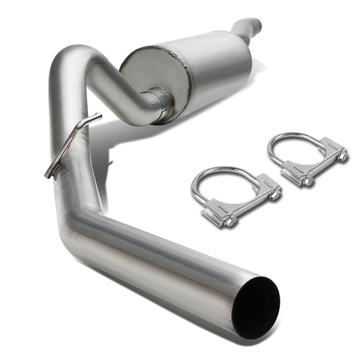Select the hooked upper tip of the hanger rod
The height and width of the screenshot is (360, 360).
coord(95,118)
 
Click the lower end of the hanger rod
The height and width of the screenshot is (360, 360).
coord(49,174)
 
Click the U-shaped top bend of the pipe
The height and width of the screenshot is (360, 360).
coord(76,56)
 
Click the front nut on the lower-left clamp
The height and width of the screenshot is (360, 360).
coord(229,221)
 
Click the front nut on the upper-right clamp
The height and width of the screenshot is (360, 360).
coord(307,180)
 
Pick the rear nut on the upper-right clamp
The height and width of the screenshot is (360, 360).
coord(342,156)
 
